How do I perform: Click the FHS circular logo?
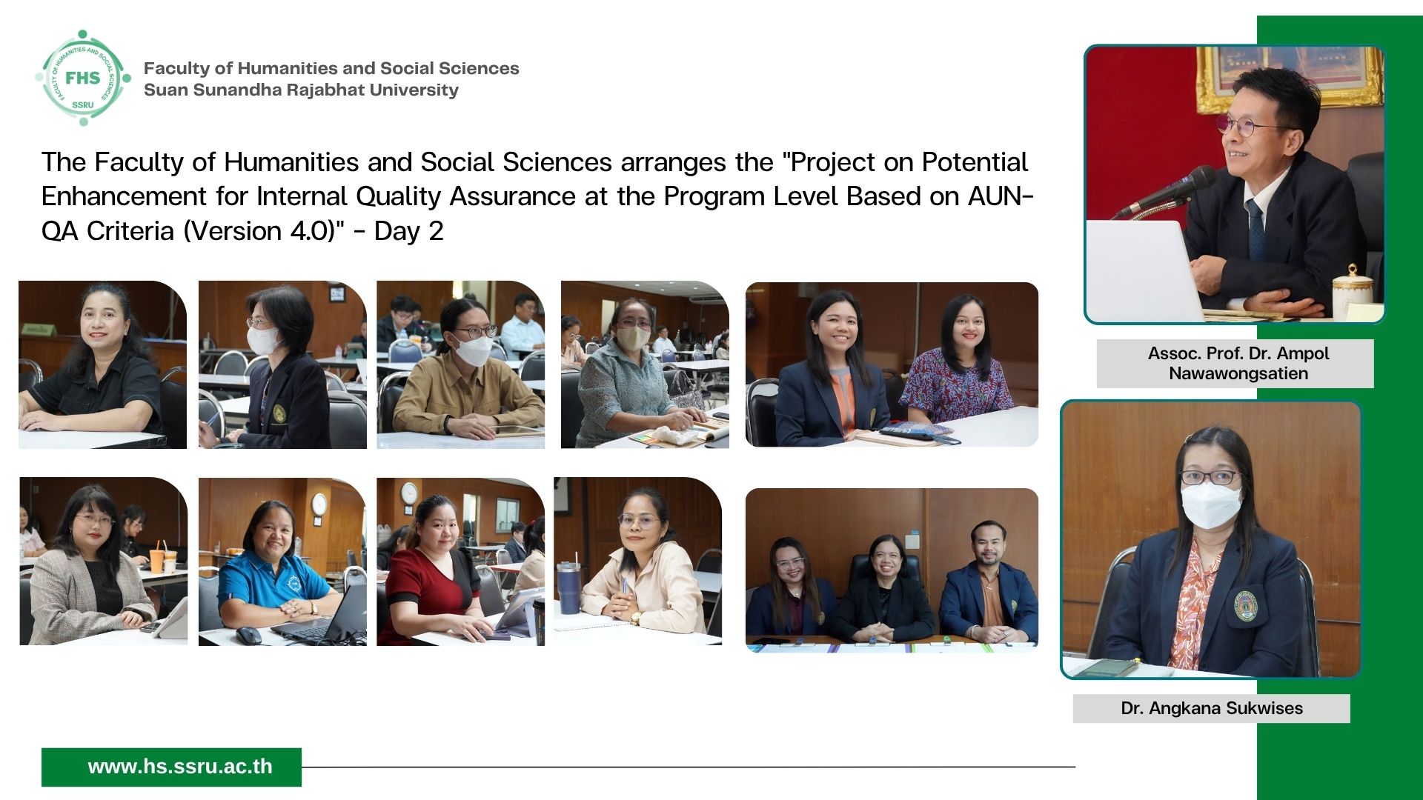click(x=83, y=78)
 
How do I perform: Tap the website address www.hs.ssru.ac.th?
click(x=180, y=767)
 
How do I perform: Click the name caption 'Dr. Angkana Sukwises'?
click(x=1212, y=708)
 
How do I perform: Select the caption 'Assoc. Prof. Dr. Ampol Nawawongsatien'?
click(x=1238, y=363)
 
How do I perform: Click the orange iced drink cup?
click(x=157, y=561)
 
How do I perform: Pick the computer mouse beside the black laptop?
click(x=248, y=635)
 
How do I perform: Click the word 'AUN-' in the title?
click(x=1001, y=196)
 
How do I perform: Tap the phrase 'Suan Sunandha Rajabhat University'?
click(x=301, y=90)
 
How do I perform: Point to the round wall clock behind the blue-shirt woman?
click(x=319, y=504)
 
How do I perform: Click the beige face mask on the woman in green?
click(x=632, y=339)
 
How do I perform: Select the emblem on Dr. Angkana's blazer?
click(x=1245, y=604)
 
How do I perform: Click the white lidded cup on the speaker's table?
click(x=1351, y=291)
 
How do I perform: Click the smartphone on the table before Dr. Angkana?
click(x=1106, y=667)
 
